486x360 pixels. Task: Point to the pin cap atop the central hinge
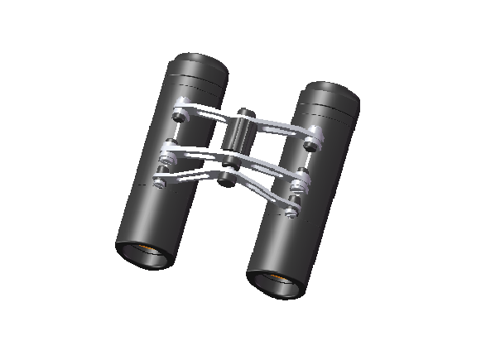pyautogui.click(x=245, y=113)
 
